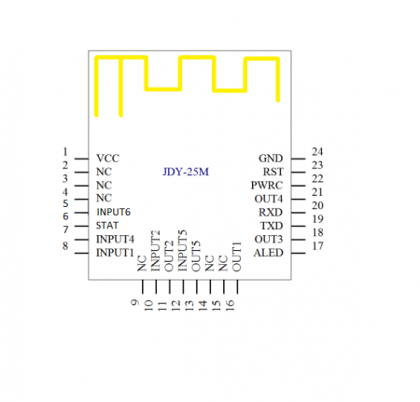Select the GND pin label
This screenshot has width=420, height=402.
271,159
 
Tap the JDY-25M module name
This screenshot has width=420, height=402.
186,172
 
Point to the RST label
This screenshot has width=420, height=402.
273,172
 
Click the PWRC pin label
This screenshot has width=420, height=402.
267,185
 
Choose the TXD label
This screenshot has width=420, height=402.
271,226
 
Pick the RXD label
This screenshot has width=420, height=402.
271,212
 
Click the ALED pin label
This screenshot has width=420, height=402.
269,253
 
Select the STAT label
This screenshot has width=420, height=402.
107,226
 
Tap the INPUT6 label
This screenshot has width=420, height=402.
114,212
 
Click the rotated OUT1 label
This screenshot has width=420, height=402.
236,256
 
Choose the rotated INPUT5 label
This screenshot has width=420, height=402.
182,250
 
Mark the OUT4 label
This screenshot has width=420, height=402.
269,199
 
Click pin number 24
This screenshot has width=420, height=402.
317,151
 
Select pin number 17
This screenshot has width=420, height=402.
317,246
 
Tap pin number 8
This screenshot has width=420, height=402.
64,245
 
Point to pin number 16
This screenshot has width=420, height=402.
230,305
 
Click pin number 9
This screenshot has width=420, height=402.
135,303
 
